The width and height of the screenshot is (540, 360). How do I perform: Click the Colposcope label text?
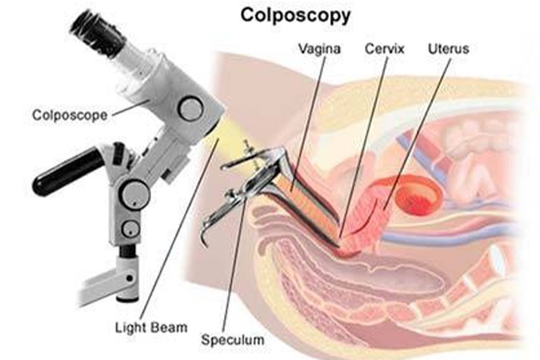tap(70, 114)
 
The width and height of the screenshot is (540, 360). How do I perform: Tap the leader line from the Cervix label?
tap(364, 144)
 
